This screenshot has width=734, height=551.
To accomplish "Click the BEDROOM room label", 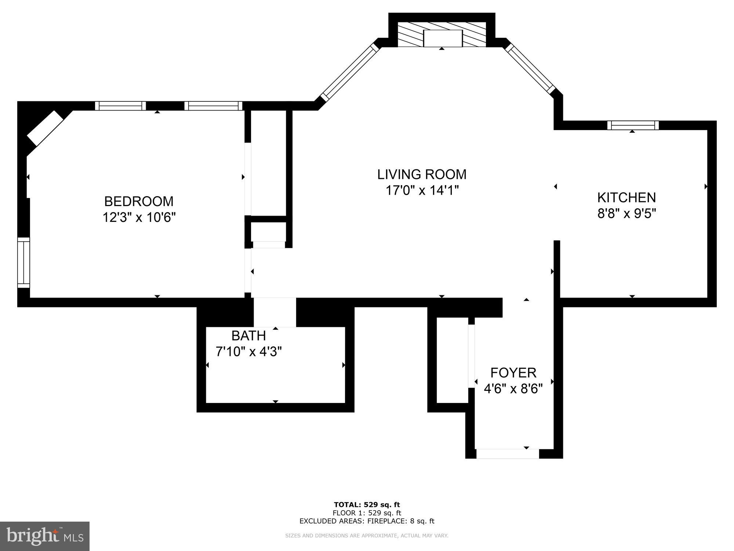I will tap(139, 201).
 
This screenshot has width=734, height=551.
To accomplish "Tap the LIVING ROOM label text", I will tap(422, 174).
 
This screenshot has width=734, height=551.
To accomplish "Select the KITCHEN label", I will tap(626, 198).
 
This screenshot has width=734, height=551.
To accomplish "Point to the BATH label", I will tap(248, 335).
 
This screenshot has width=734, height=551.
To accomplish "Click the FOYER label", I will tap(513, 372).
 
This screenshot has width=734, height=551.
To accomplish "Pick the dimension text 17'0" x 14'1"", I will tap(422, 191).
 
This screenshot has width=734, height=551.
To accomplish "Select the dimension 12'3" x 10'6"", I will tap(139, 217).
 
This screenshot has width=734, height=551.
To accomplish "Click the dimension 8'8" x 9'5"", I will tap(626, 213).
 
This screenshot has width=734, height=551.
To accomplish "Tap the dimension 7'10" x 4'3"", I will tap(248, 352).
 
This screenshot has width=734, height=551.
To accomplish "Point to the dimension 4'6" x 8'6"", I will tap(513, 389).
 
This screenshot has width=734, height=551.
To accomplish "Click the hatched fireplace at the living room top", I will tap(442, 34).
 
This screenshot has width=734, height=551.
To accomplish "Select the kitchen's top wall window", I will tap(633, 125).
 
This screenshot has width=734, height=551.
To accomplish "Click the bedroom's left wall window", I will tap(24, 263).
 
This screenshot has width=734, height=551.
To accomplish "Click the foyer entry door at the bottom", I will tap(507, 454).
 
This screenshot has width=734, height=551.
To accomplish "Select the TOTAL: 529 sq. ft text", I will tap(367, 505).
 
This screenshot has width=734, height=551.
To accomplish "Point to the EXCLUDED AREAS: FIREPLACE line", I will tap(367, 521).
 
